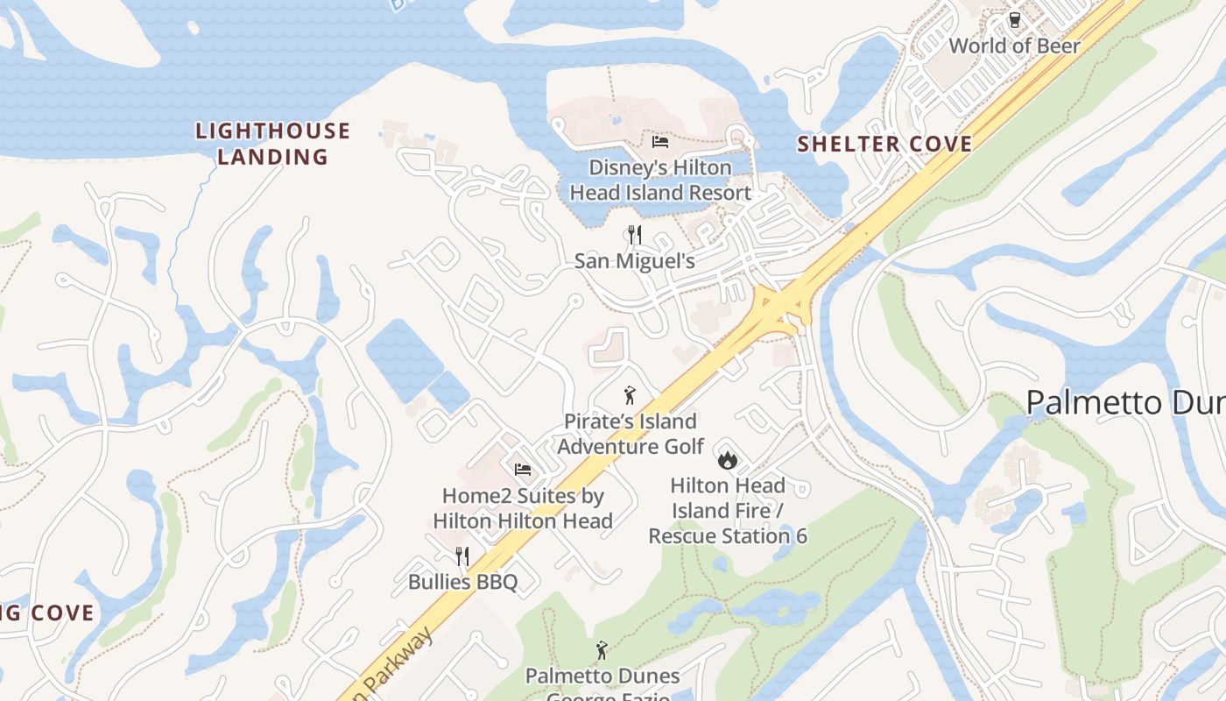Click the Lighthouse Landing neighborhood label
(x=272, y=145)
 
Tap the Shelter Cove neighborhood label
(x=884, y=145)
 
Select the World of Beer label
(x=1015, y=46)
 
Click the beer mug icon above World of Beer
(x=1015, y=20)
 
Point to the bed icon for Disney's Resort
(x=659, y=142)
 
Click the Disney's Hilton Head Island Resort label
(x=659, y=180)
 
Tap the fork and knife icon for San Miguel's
(x=635, y=235)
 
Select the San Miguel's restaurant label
(x=635, y=261)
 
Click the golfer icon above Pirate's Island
(x=629, y=395)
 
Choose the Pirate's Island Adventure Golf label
(x=631, y=434)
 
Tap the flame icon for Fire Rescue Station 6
(x=727, y=459)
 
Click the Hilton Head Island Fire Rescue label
(x=727, y=510)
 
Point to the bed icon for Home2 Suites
(x=523, y=470)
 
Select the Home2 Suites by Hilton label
(x=523, y=508)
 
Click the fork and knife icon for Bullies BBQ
(x=462, y=556)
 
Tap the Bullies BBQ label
(x=462, y=582)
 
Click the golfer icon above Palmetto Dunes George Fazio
(x=602, y=650)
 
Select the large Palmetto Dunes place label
(x=1125, y=403)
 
